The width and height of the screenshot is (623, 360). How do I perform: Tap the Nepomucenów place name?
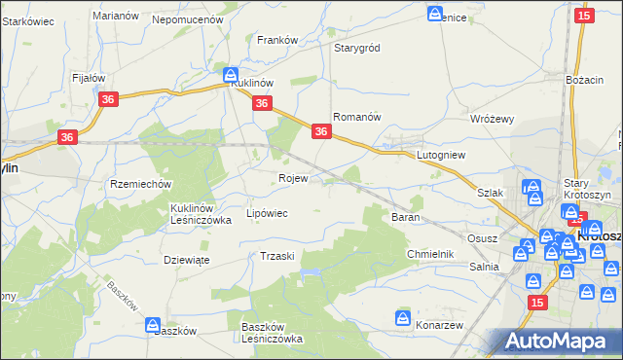click(x=188, y=18)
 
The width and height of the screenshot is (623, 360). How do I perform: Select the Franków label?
click(x=276, y=40)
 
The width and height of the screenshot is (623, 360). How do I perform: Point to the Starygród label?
click(x=356, y=48)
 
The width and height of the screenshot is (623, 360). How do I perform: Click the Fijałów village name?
click(x=89, y=77)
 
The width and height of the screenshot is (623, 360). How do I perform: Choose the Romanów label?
click(x=355, y=116)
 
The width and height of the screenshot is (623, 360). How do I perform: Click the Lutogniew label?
click(x=443, y=155)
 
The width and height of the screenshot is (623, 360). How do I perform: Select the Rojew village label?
click(x=293, y=179)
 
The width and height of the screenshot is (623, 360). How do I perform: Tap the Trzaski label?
click(x=277, y=255)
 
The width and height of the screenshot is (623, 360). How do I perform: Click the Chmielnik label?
click(x=430, y=254)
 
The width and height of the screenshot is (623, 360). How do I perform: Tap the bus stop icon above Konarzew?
click(x=404, y=318)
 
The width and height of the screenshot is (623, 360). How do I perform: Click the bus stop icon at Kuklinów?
click(x=231, y=74)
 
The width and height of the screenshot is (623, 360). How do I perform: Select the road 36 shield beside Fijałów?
click(x=108, y=99)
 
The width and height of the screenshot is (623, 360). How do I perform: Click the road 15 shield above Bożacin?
click(x=584, y=16)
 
